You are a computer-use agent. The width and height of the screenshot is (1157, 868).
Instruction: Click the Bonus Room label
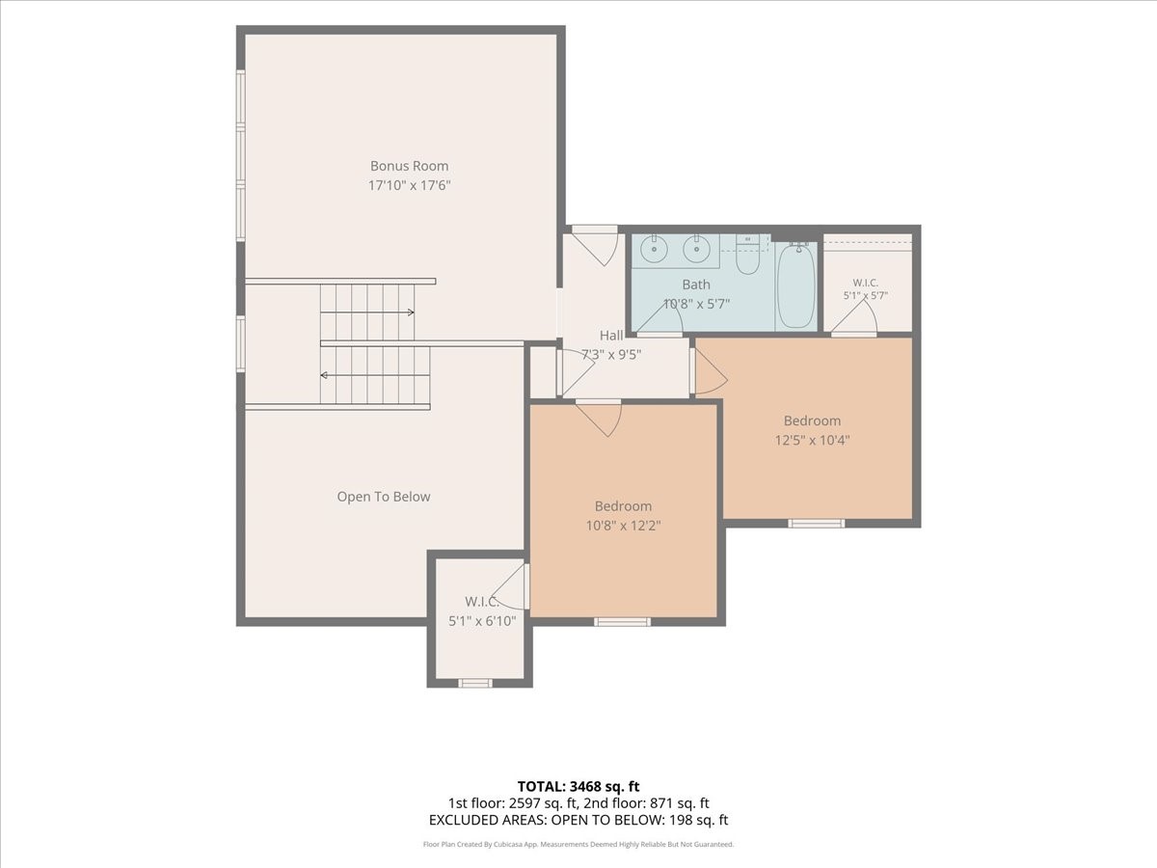click(x=409, y=166)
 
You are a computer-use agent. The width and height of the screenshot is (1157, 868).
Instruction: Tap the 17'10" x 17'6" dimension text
click(x=409, y=185)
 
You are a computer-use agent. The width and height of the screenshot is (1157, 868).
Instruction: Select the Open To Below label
click(x=383, y=497)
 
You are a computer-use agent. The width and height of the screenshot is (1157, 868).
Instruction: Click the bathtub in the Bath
click(x=796, y=285)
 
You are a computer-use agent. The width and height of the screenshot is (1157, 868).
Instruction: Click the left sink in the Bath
click(x=655, y=249)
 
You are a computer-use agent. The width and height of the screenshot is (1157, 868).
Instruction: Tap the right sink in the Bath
click(x=696, y=249)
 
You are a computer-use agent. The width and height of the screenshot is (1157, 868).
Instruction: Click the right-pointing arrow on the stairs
click(x=367, y=312)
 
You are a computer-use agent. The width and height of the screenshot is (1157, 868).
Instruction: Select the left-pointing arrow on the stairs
click(x=375, y=375)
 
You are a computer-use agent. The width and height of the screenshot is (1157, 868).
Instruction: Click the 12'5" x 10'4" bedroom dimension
click(x=812, y=440)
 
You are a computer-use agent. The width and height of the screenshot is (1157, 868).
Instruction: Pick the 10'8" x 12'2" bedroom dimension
click(x=623, y=526)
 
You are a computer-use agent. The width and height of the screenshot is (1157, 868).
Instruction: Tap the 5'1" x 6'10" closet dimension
click(x=482, y=621)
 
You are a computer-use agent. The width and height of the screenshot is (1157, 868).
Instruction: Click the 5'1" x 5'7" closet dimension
click(x=866, y=296)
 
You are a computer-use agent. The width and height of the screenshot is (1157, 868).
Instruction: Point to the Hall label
click(x=611, y=336)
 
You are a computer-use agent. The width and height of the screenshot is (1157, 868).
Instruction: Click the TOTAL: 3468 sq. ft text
click(x=578, y=787)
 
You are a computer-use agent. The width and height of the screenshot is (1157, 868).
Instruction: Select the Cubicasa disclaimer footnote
click(x=578, y=844)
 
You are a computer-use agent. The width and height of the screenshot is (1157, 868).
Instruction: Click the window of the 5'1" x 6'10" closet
click(x=475, y=683)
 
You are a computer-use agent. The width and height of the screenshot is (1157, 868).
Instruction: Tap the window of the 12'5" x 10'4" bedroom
click(x=816, y=523)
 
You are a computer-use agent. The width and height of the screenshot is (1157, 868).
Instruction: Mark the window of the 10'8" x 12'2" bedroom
click(x=622, y=622)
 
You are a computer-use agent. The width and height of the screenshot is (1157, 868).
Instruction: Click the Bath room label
click(x=696, y=285)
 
